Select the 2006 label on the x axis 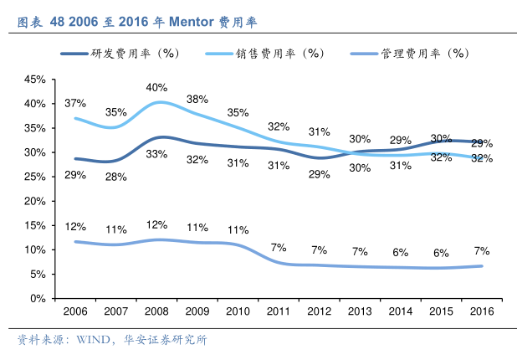pos(75,311)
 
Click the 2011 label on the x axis pos(279,311)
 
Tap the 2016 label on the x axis pos(482,311)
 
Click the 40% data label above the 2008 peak pos(156,87)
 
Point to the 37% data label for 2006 pos(75,103)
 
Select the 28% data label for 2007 pos(116,177)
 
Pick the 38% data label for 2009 pos(197,99)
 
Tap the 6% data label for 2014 pos(401,252)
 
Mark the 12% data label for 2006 pos(75,226)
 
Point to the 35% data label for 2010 pos(238,112)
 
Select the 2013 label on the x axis pos(360,311)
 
